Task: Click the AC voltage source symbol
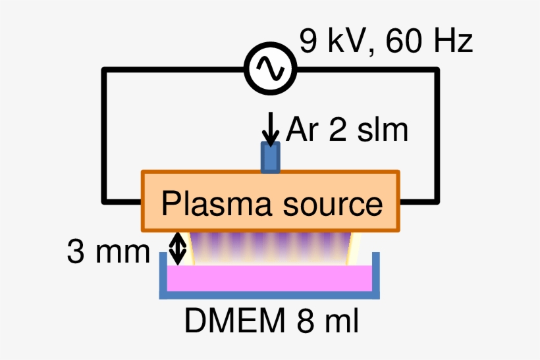(270, 68)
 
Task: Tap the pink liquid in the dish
(270, 278)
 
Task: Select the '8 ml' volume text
(327, 322)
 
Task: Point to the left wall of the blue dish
(163, 276)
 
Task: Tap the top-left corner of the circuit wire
(104, 69)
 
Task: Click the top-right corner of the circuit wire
(437, 69)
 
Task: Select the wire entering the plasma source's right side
(418, 201)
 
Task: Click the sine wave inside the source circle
(270, 68)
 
